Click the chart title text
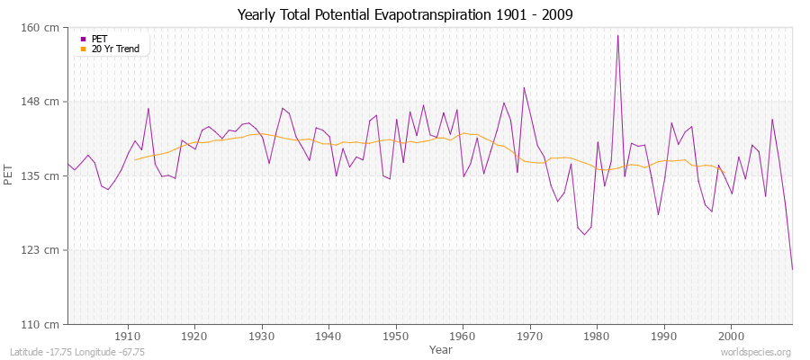click(x=404, y=15)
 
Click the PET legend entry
click(x=99, y=39)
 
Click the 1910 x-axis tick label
click(x=128, y=336)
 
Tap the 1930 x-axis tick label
click(x=262, y=336)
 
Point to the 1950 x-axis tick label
click(x=396, y=336)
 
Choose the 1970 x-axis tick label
click(x=530, y=336)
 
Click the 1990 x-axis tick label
click(x=664, y=336)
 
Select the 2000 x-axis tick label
click(x=732, y=336)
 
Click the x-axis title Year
click(x=441, y=348)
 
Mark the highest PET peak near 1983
click(x=617, y=36)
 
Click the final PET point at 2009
click(x=792, y=269)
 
